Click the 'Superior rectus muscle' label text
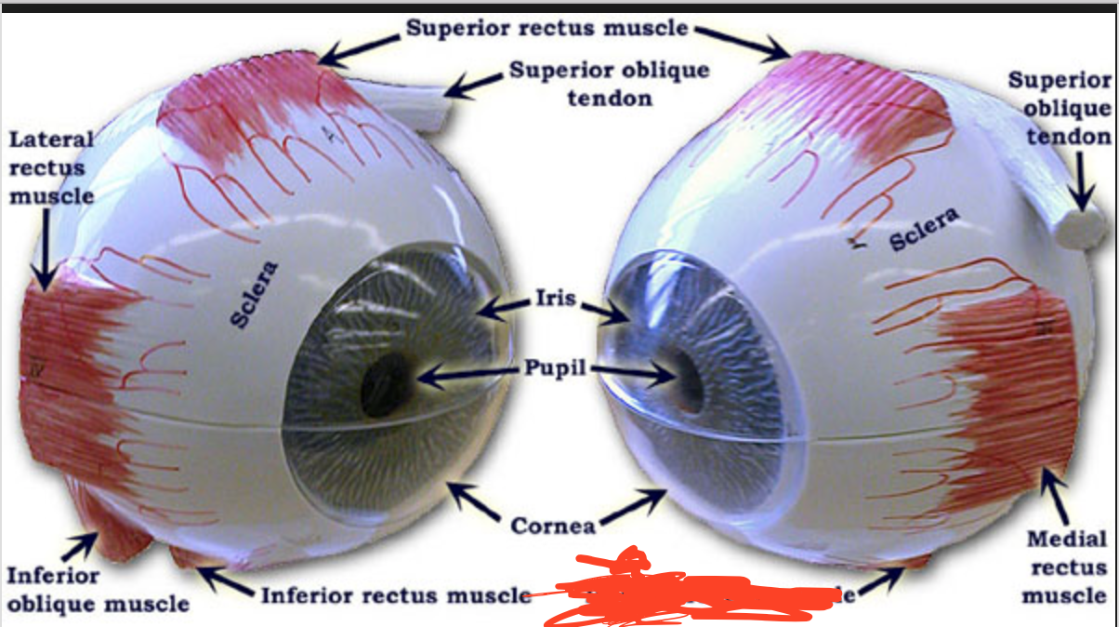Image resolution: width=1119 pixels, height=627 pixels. [546, 27]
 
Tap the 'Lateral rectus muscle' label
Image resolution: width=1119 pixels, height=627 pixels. [52, 167]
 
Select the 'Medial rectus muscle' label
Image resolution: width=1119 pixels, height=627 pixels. [1067, 567]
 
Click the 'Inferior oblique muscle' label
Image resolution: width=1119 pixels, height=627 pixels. [98, 590]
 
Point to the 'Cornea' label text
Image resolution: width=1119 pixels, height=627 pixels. [553, 526]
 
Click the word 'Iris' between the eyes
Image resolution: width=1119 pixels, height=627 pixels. [555, 300]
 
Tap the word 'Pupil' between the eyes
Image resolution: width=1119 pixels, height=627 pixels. [556, 368]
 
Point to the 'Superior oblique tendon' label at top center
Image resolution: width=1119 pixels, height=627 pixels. [609, 84]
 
